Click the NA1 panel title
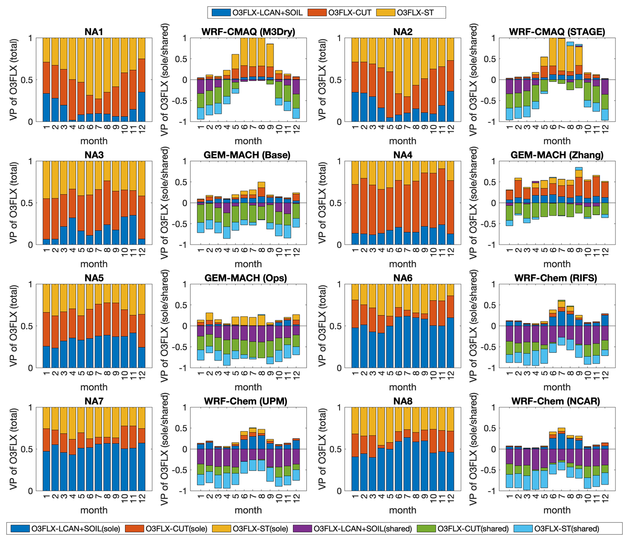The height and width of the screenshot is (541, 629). tap(94, 32)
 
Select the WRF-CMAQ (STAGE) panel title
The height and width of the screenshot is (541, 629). tap(557, 32)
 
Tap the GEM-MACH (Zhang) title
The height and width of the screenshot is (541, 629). tap(557, 155)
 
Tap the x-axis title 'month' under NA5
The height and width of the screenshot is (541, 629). tap(94, 387)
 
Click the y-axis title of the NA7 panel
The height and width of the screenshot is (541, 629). tap(13, 449)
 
